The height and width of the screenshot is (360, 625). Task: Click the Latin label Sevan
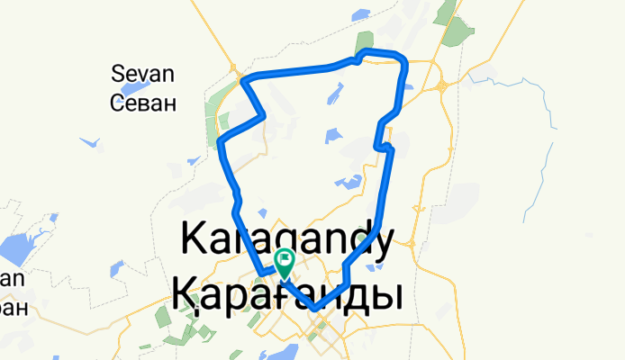[142, 73]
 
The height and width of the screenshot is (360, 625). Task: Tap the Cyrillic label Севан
[142, 102]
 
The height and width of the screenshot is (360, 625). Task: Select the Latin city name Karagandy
[286, 241]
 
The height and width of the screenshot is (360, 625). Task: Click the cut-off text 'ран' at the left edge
[13, 308]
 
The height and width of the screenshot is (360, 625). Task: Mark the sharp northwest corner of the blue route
[243, 82]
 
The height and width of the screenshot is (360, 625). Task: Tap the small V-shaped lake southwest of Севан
[89, 142]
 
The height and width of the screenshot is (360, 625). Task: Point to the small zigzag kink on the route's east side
[384, 144]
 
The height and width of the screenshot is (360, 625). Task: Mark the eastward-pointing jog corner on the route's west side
[263, 115]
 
